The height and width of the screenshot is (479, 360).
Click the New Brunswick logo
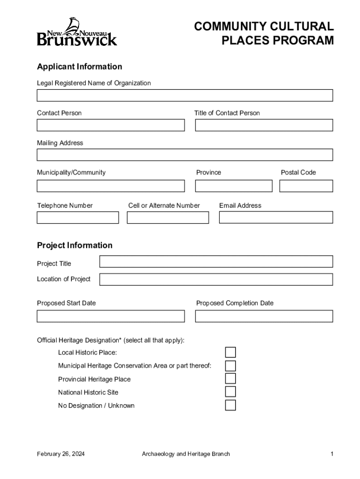77,32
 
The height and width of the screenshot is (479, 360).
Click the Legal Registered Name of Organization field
185,95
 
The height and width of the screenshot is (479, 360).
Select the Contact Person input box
111,125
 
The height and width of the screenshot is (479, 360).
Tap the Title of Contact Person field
264,125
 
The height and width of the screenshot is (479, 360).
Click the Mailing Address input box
185,155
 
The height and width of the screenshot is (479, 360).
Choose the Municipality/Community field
111,186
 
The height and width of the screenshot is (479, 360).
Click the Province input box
233,186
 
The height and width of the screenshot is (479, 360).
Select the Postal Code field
306,186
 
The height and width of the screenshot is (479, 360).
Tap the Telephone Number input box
78,218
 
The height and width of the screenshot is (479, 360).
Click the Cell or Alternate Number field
168,218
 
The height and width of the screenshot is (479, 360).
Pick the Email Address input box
276,218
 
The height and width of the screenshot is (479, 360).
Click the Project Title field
216,261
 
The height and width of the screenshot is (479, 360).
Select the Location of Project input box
216,279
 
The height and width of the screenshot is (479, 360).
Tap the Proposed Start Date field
111,316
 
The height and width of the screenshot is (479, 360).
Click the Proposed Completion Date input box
264,316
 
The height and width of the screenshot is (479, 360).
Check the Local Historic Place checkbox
230,352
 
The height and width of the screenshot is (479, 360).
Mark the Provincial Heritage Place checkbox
230,378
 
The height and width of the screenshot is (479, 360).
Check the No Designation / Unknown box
230,405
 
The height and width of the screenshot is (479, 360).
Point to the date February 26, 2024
61,454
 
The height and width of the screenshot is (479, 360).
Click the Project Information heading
75,245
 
